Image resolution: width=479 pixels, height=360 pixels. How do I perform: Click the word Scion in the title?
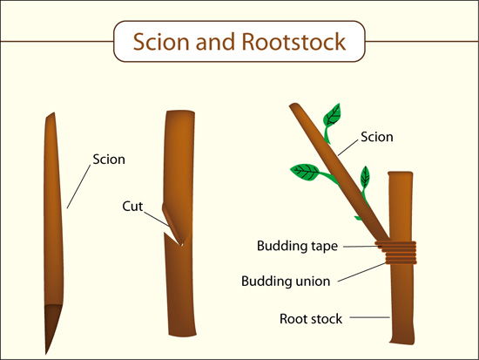click(161, 42)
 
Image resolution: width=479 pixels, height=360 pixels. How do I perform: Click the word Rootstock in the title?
click(293, 42)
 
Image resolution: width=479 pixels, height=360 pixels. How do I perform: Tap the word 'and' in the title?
click(215, 42)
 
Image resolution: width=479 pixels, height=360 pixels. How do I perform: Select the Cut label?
click(132, 207)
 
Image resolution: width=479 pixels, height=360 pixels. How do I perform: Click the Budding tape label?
click(297, 246)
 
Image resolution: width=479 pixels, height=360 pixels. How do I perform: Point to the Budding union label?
click(286, 281)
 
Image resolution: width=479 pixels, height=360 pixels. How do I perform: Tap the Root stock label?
click(311, 319)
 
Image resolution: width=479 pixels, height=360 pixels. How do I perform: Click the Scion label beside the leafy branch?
click(376, 137)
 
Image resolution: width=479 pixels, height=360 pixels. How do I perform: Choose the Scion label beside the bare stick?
click(109, 160)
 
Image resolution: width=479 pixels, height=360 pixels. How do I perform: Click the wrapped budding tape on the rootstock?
click(396, 252)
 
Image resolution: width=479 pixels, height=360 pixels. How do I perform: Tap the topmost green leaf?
click(332, 116)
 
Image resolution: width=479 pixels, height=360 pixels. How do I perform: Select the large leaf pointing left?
click(305, 173)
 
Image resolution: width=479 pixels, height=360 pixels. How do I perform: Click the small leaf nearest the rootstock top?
click(365, 177)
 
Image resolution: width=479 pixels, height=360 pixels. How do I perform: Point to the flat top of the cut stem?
click(180, 112)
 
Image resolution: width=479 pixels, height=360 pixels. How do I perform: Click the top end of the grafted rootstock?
click(401, 173)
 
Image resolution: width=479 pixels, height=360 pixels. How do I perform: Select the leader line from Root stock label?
click(369, 317)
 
